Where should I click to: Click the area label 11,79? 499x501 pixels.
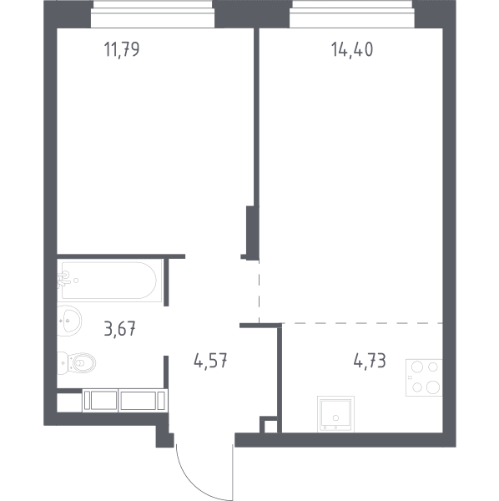(x=122, y=50)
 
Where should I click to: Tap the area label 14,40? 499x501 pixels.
(x=352, y=50)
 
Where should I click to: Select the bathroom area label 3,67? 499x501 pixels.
(x=119, y=329)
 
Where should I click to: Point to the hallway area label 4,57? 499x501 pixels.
(x=210, y=361)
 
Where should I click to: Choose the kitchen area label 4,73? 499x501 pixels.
(x=370, y=361)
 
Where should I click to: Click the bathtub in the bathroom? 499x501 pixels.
(x=109, y=281)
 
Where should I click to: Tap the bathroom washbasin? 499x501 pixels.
(x=69, y=321)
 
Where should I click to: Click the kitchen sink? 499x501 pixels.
(x=335, y=414)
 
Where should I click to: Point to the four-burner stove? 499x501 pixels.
(x=424, y=377)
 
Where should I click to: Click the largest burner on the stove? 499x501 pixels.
(x=432, y=387)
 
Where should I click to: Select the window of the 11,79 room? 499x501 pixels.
(x=153, y=14)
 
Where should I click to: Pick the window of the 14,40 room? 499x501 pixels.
(x=352, y=14)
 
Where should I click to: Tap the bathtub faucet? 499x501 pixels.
(x=64, y=280)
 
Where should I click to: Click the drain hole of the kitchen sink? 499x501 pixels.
(x=335, y=417)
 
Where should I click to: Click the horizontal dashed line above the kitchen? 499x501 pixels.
(x=362, y=323)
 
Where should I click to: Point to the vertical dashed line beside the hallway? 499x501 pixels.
(x=259, y=291)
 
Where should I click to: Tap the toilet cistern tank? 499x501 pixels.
(x=63, y=363)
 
